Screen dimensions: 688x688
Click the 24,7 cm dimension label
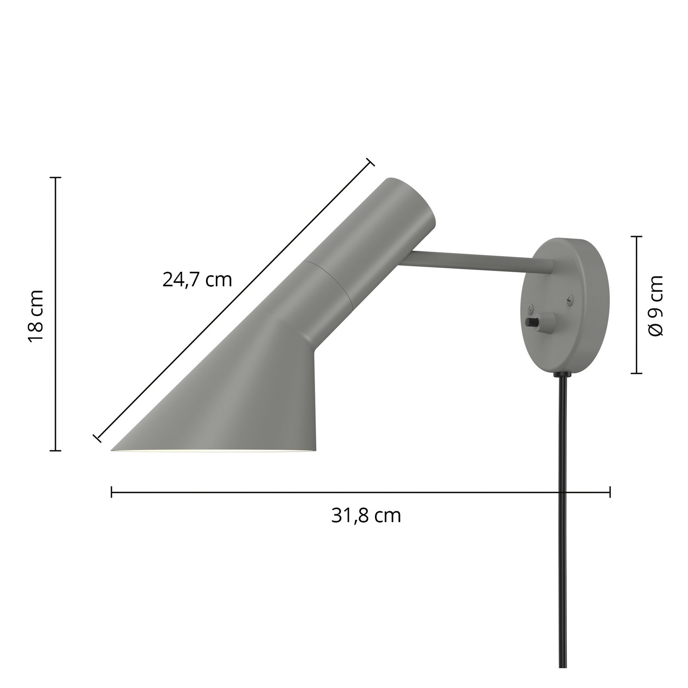pyautogui.click(x=197, y=280)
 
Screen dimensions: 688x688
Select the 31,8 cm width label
pyautogui.click(x=366, y=516)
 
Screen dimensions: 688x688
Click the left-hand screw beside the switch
pyautogui.click(x=528, y=307)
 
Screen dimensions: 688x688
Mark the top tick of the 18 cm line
pyautogui.click(x=55, y=177)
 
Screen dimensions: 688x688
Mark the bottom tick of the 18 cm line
pyautogui.click(x=55, y=451)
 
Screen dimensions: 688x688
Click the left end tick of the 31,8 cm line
pyautogui.click(x=112, y=492)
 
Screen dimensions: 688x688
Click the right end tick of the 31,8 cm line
pyautogui.click(x=610, y=492)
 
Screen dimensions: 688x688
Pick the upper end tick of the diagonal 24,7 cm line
pyautogui.click(x=370, y=162)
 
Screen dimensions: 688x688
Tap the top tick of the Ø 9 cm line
pyautogui.click(x=636, y=236)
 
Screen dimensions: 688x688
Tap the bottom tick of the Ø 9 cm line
pyautogui.click(x=636, y=373)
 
